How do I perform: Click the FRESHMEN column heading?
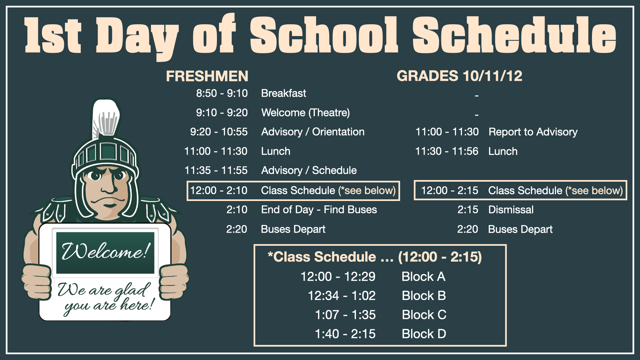[207, 76]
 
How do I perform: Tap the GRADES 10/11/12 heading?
[459, 76]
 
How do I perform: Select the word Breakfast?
[283, 93]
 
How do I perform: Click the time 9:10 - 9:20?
[222, 113]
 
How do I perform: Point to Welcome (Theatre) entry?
[305, 113]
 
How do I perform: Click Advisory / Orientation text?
[313, 132]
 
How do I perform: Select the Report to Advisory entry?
[533, 132]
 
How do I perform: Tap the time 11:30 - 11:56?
[447, 151]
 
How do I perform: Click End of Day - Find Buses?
[319, 210]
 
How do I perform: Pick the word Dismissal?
[511, 210]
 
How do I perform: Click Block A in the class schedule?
[423, 277]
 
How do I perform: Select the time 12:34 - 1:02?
[342, 296]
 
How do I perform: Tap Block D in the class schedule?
[424, 334]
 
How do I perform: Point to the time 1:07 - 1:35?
[345, 315]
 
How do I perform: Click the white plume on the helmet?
[106, 117]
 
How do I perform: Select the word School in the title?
[323, 35]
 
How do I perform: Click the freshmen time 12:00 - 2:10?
[219, 191]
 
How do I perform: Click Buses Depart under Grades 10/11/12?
[520, 229]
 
